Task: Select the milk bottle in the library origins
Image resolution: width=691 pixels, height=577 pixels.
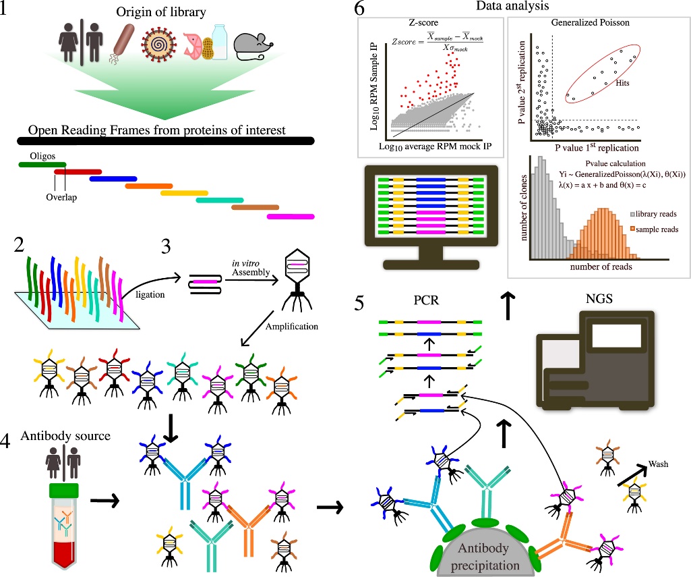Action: pyautogui.click(x=219, y=42)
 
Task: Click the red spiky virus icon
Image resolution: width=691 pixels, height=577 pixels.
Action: pyautogui.click(x=158, y=45)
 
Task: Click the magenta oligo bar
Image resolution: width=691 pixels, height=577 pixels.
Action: pyautogui.click(x=291, y=217)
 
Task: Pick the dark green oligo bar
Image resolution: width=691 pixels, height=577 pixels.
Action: pyautogui.click(x=42, y=165)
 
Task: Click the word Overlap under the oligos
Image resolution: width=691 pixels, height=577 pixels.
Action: pyautogui.click(x=61, y=197)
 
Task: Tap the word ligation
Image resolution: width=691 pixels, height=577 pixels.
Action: pyautogui.click(x=150, y=294)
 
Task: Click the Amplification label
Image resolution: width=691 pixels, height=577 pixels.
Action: pyautogui.click(x=292, y=327)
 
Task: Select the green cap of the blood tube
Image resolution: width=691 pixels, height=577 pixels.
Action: pyautogui.click(x=64, y=490)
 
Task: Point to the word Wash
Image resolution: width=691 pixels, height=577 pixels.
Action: pyautogui.click(x=658, y=464)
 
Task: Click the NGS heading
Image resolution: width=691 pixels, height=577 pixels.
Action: pyautogui.click(x=599, y=299)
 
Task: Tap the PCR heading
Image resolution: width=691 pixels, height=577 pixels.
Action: pyautogui.click(x=426, y=300)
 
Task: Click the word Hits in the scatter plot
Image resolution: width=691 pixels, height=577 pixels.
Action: pyautogui.click(x=622, y=83)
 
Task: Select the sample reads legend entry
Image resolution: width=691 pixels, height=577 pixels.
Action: pyautogui.click(x=654, y=229)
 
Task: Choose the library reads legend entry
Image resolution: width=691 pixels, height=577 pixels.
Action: pyautogui.click(x=653, y=214)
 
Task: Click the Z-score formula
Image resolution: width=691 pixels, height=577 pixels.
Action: pyautogui.click(x=437, y=41)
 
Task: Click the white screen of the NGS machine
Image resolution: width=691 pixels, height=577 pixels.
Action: pyautogui.click(x=610, y=335)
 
